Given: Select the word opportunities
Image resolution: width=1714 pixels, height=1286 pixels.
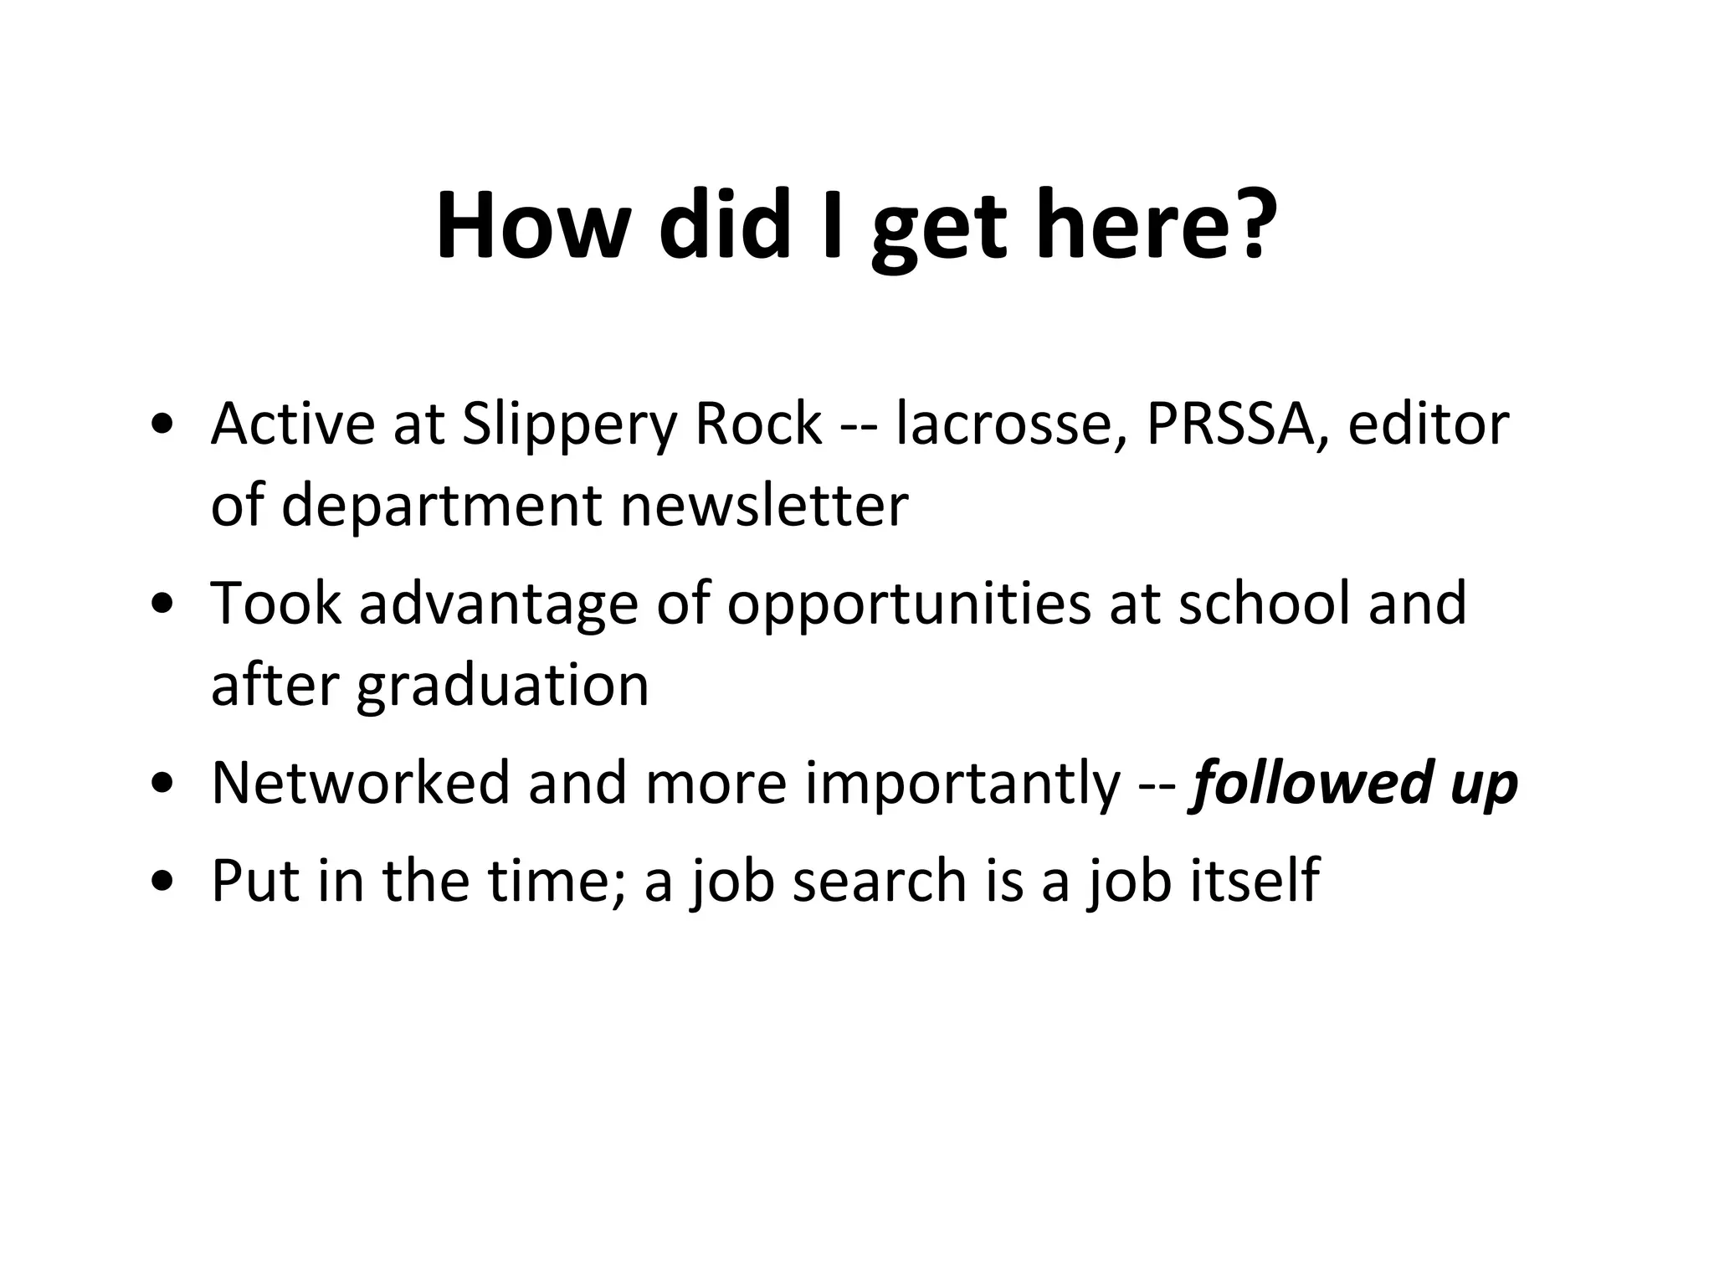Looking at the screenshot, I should click(908, 605).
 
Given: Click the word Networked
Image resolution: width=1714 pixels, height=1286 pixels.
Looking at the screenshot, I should click(360, 783).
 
